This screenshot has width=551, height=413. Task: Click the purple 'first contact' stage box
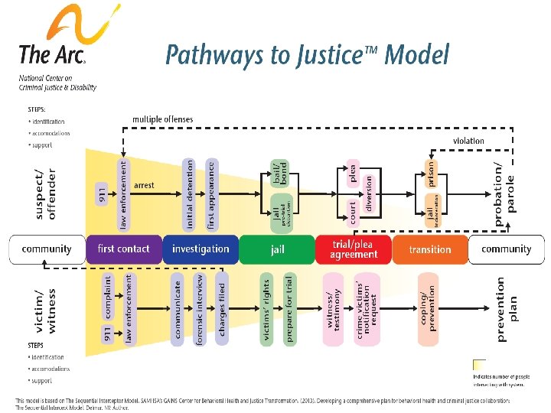[124, 249]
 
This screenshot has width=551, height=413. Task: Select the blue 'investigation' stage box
[201, 249]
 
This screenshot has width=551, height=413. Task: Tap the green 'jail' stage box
[276, 249]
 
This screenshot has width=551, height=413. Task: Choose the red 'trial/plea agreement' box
[353, 249]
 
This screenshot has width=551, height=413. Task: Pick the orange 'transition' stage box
[429, 249]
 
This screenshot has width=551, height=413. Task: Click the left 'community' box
[47, 249]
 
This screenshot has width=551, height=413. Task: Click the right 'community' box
[506, 249]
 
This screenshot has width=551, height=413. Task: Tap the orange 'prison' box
[431, 172]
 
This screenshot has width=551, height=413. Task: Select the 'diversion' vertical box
[369, 194]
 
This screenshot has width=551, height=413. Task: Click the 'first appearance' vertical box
[212, 194]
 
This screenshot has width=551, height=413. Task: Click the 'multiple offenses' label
[163, 119]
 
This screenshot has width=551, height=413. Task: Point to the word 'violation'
[468, 141]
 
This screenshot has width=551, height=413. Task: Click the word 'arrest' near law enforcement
[144, 185]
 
